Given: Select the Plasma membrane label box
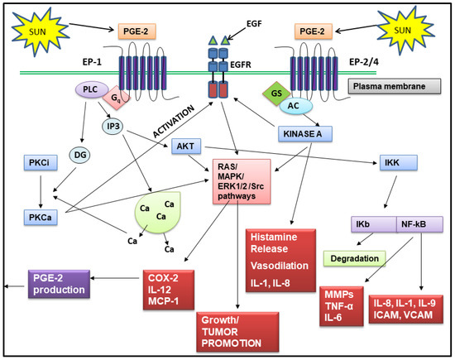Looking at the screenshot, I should tap(401, 87).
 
